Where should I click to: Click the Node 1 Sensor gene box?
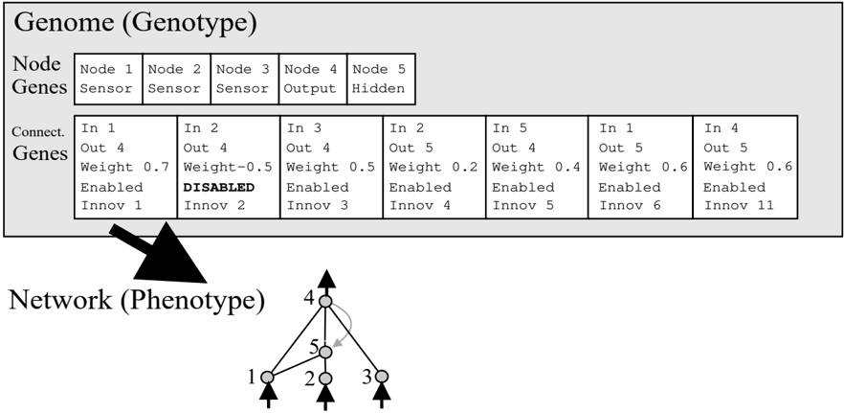(x=108, y=79)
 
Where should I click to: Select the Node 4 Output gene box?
(x=313, y=79)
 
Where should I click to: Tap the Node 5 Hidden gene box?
(x=381, y=79)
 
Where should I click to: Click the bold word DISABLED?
(x=218, y=188)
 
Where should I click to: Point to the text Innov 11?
(x=739, y=205)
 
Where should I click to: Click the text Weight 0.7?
(x=124, y=167)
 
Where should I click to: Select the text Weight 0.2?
(x=433, y=167)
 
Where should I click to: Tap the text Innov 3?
(x=317, y=205)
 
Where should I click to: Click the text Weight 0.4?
(x=536, y=167)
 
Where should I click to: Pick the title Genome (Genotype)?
(x=135, y=23)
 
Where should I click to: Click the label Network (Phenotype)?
(x=136, y=300)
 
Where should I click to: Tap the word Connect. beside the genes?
(x=37, y=132)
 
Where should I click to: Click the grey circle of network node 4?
(x=325, y=302)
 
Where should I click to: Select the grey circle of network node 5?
(x=325, y=352)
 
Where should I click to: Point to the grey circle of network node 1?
(x=267, y=377)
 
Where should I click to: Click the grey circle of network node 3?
(x=381, y=377)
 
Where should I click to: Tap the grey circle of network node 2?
(x=325, y=379)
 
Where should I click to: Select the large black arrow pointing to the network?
(x=162, y=253)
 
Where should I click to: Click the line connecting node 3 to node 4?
(x=353, y=338)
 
